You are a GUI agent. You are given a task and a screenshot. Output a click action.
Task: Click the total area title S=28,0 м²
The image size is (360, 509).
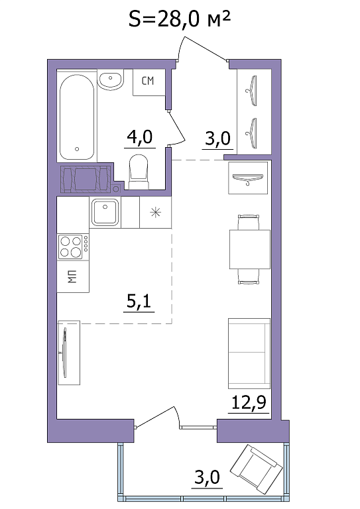(180, 19)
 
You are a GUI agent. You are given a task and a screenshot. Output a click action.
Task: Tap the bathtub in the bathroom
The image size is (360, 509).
(77, 117)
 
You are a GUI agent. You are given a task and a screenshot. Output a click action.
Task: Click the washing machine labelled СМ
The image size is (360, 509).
(149, 82)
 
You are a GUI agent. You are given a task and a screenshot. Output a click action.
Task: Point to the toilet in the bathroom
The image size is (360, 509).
(139, 172)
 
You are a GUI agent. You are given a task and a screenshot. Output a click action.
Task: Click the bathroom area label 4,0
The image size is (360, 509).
(140, 138)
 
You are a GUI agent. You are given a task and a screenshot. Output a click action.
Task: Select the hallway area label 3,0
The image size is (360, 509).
(218, 139)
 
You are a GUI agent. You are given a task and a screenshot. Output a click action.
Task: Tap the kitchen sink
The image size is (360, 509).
(105, 212)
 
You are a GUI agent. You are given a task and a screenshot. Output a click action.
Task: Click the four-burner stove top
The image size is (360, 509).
(73, 247)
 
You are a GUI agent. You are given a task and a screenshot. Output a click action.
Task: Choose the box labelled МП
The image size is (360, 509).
(73, 276)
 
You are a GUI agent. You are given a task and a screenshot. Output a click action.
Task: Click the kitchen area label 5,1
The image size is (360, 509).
(139, 302)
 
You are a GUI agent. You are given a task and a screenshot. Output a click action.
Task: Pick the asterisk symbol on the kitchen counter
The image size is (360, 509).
(156, 212)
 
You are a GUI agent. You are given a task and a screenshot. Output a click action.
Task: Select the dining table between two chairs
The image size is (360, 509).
(250, 249)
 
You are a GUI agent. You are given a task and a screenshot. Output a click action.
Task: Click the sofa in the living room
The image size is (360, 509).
(249, 353)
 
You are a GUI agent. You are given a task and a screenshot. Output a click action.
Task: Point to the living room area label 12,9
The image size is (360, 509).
(249, 402)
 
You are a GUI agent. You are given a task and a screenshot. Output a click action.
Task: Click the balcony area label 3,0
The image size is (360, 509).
(207, 477)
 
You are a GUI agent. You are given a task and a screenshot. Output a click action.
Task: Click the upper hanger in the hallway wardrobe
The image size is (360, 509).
(252, 91)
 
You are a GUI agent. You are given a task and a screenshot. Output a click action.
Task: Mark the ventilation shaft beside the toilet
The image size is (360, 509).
(86, 179)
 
